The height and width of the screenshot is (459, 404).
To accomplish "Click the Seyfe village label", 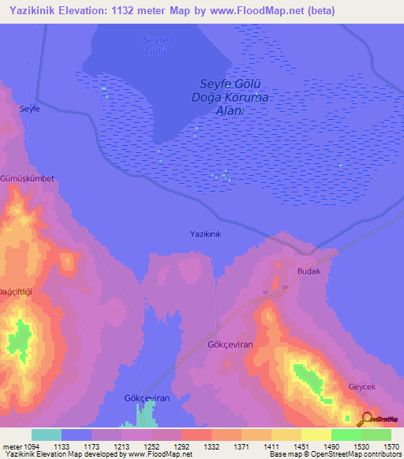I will point(29,109).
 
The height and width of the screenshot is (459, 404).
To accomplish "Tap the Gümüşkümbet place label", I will point(28,179).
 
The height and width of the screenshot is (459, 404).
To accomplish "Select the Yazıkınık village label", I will point(206,234).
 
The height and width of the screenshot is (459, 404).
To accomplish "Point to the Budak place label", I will point(309,271).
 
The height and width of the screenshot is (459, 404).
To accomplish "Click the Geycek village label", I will point(363,387).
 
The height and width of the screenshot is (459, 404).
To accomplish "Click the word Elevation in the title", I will point(84,11).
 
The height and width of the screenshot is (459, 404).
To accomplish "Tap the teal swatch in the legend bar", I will point(47,435).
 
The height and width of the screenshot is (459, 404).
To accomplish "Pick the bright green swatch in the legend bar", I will point(346,435).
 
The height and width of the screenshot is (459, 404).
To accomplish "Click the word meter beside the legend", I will point(11,446).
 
